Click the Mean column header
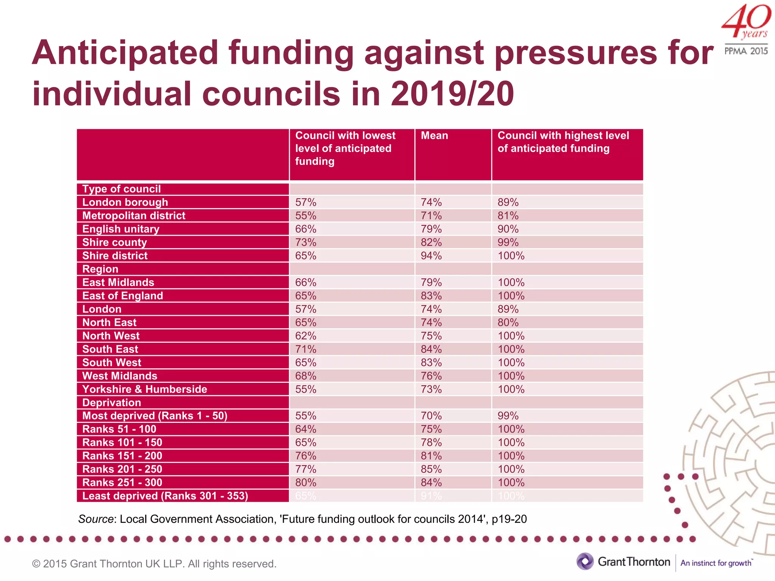(x=434, y=136)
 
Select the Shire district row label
(x=115, y=256)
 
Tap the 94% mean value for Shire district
(x=431, y=256)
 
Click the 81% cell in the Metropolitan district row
(x=508, y=216)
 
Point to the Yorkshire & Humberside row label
(x=145, y=389)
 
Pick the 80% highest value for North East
(x=508, y=323)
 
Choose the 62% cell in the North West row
(x=305, y=336)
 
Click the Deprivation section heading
(x=112, y=402)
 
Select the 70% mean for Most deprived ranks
(x=431, y=416)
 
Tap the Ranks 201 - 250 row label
(x=122, y=469)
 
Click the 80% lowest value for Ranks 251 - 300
(x=305, y=483)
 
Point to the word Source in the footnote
(x=96, y=519)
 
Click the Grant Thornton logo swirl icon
(x=585, y=561)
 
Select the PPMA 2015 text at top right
(x=746, y=51)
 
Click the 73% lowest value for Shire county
(x=305, y=242)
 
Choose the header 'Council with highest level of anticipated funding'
(x=563, y=142)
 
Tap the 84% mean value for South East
(x=431, y=349)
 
